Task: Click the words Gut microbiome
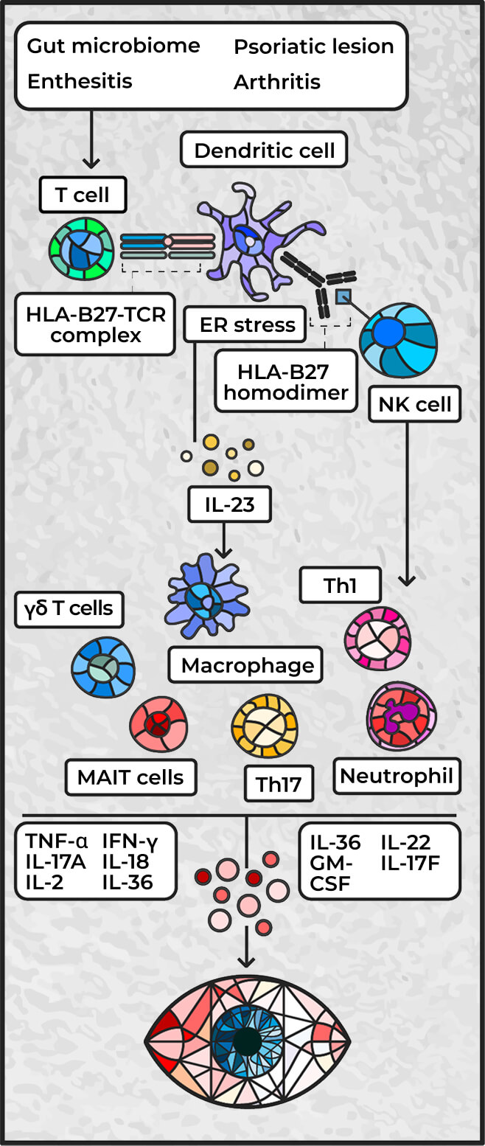114,46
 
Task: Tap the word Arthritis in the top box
277,82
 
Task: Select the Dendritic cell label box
264,151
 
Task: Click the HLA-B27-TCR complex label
94,324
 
